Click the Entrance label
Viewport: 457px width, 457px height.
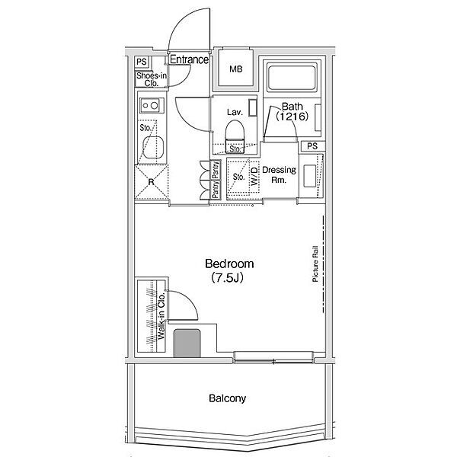point(189,59)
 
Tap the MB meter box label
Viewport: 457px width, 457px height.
point(236,69)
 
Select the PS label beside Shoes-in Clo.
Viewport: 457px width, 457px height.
point(142,62)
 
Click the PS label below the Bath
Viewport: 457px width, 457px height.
point(312,146)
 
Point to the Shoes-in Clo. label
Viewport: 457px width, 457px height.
point(152,79)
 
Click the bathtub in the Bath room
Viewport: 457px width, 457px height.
point(292,77)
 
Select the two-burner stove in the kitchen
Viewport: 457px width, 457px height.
point(152,105)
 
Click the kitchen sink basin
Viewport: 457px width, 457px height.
point(153,148)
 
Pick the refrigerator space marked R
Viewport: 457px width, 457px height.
point(152,182)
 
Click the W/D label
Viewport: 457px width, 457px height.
point(254,176)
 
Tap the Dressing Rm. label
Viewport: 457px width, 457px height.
point(279,174)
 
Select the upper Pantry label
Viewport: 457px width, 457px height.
point(216,170)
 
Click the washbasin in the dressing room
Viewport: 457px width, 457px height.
point(309,176)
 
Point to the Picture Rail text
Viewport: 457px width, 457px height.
point(315,264)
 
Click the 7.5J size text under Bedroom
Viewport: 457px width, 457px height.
point(227,277)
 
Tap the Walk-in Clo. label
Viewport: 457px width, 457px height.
point(161,316)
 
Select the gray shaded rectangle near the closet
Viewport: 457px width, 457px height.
point(187,344)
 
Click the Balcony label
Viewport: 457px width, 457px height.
point(227,398)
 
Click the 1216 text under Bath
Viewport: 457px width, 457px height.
point(292,117)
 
